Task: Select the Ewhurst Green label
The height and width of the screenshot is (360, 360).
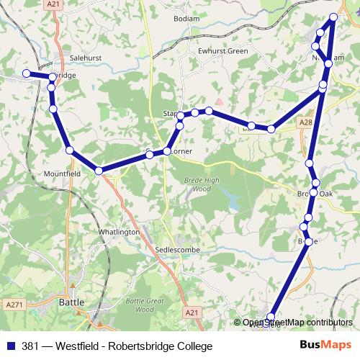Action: [x=225, y=51]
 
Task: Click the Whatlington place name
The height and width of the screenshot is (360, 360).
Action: [x=118, y=233]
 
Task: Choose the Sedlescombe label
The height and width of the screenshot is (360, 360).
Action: [x=176, y=248]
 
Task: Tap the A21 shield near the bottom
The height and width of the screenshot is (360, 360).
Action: [x=191, y=312]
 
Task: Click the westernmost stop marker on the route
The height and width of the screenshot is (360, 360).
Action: [x=26, y=73]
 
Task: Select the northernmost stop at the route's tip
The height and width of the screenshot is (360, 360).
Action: [x=333, y=17]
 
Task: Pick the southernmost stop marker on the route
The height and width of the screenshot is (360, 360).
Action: [x=271, y=316]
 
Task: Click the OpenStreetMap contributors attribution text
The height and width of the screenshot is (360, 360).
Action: [x=297, y=323]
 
